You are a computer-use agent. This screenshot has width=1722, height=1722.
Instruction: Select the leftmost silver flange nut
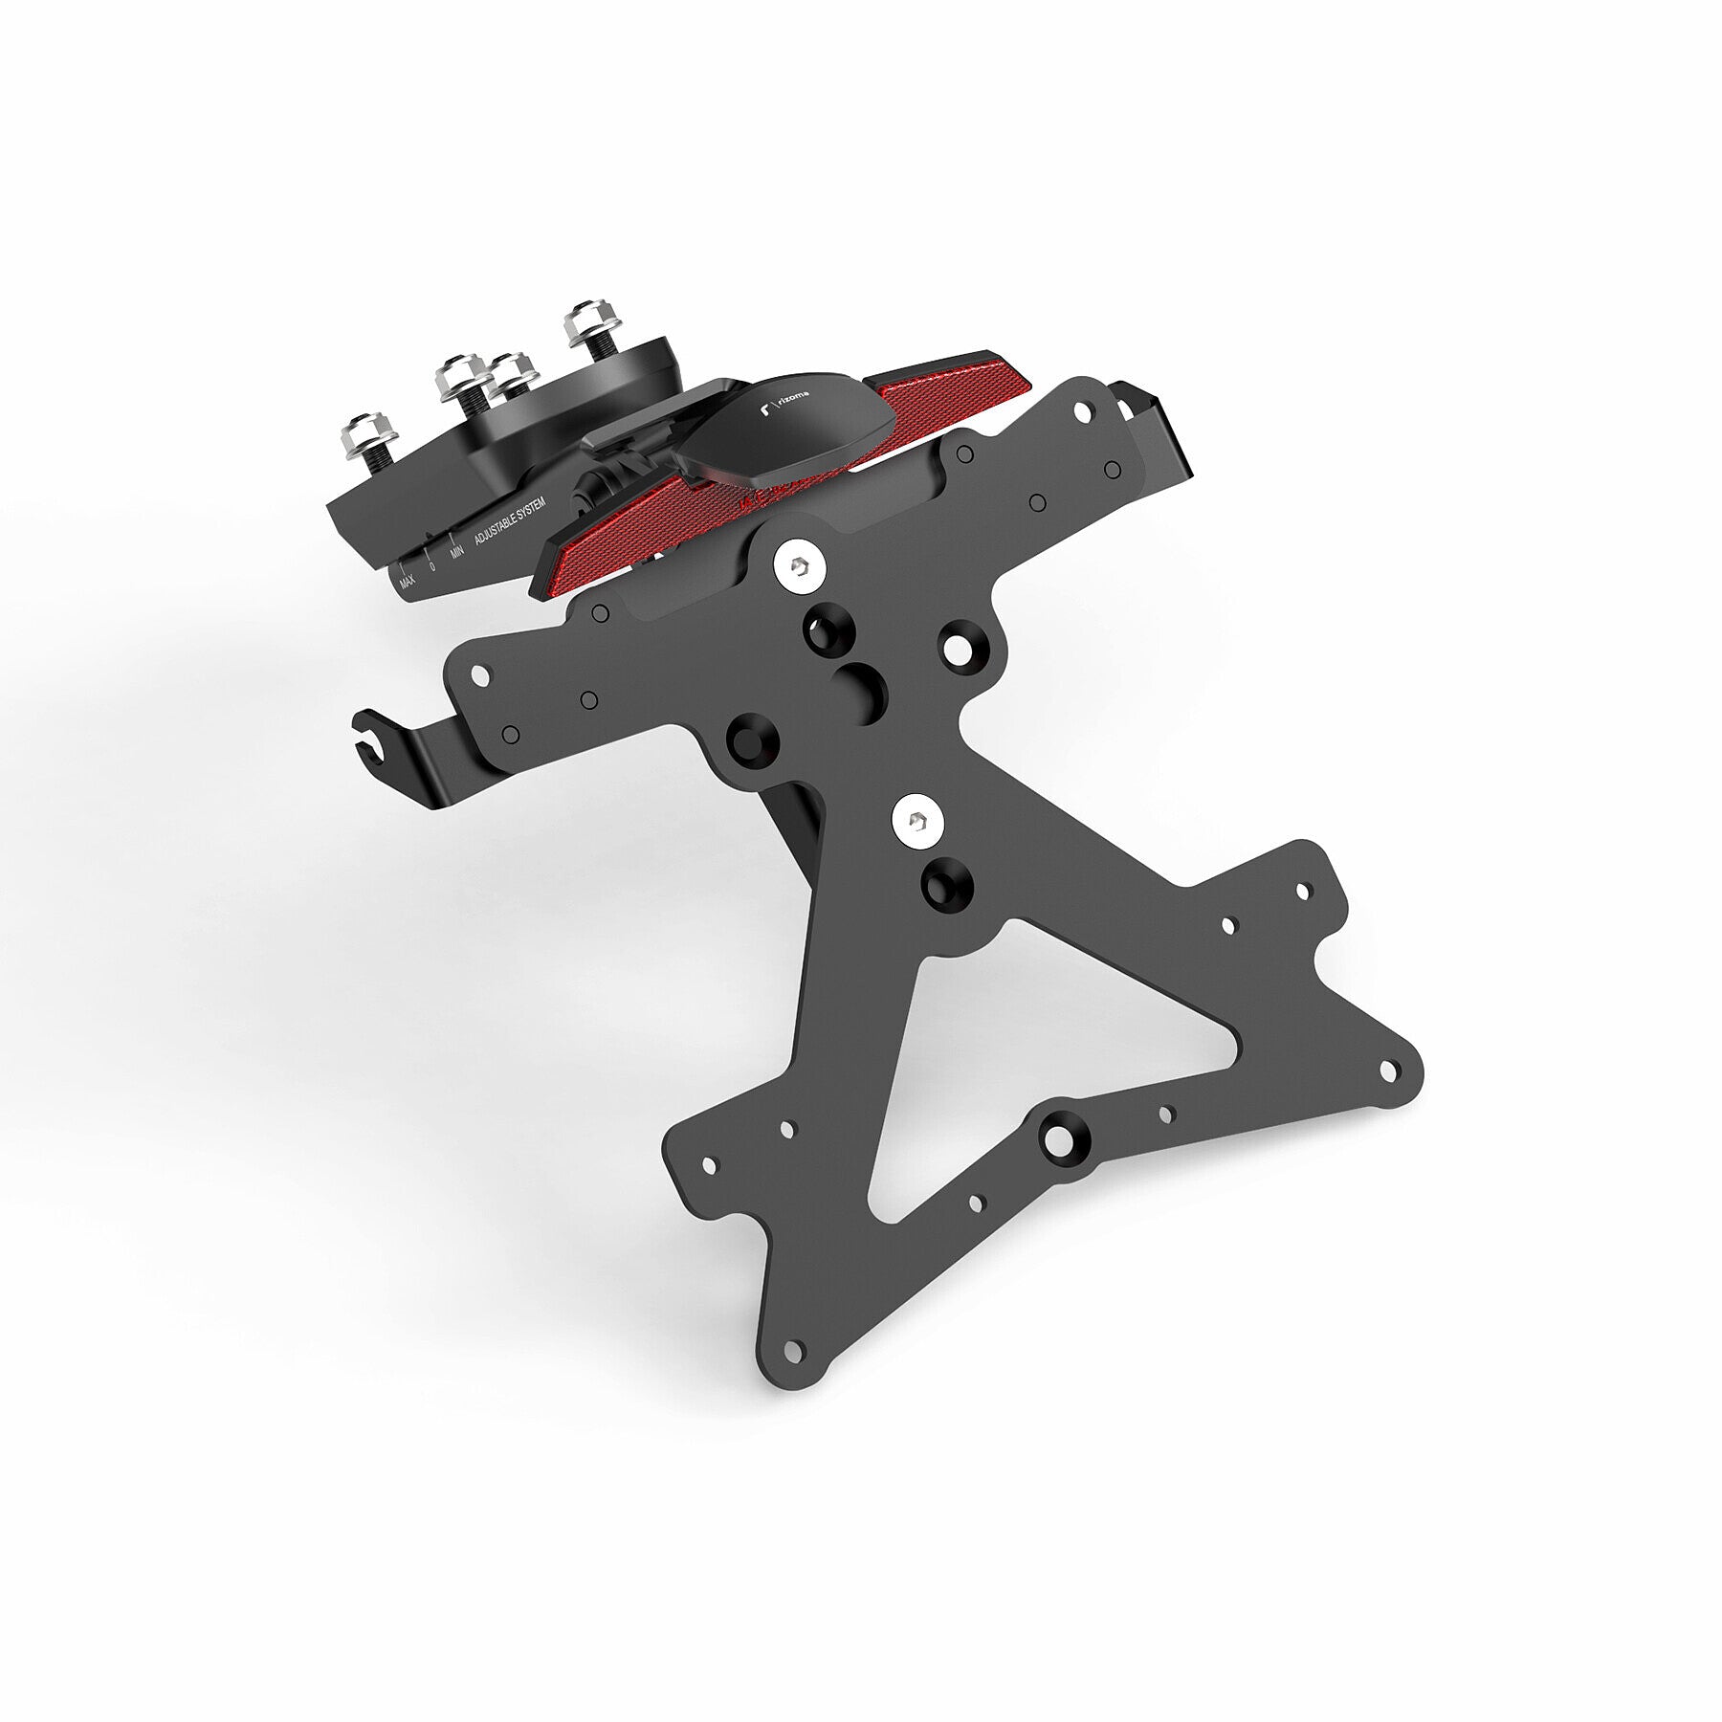365,435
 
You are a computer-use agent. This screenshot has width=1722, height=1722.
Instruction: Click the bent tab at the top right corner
1158,421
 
